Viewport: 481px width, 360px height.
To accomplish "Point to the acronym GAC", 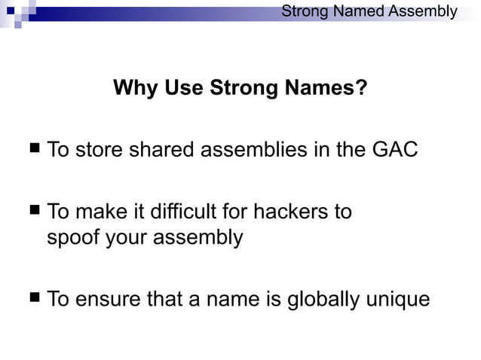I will (x=394, y=150).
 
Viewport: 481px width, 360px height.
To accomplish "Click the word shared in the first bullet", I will (x=164, y=150).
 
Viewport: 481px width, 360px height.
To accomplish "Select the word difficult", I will (x=182, y=212).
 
